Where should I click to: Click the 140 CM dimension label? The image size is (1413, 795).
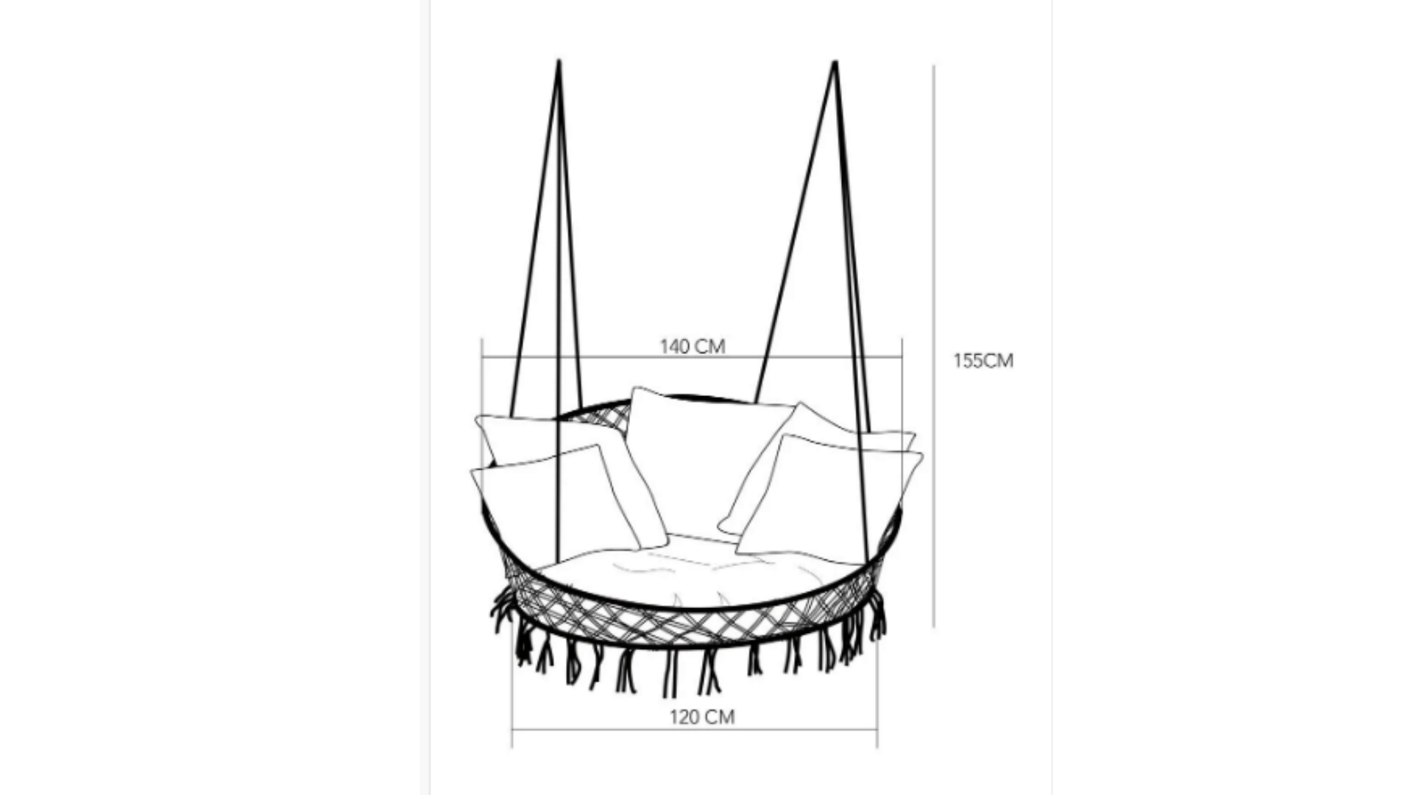pyautogui.click(x=692, y=346)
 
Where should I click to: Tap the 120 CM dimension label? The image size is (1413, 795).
pyautogui.click(x=702, y=716)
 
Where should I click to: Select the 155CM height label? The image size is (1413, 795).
pyautogui.click(x=983, y=361)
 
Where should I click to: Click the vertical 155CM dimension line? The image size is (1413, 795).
pyautogui.click(x=934, y=346)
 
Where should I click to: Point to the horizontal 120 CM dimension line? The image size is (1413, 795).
pyautogui.click(x=695, y=730)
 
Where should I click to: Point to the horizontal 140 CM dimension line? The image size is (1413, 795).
pyautogui.click(x=692, y=357)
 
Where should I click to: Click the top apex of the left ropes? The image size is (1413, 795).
pyautogui.click(x=559, y=61)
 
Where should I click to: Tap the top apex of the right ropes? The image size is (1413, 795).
pyautogui.click(x=835, y=63)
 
